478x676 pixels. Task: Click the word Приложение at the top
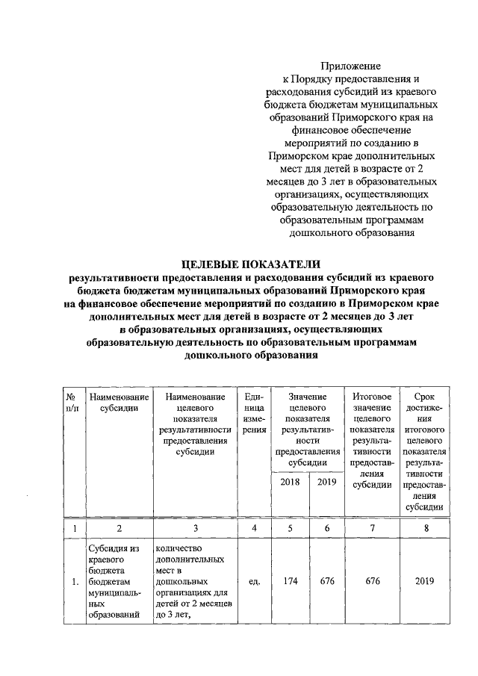tap(351, 67)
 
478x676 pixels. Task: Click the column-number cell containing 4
tap(254, 529)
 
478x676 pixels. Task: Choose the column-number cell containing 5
tap(291, 529)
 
